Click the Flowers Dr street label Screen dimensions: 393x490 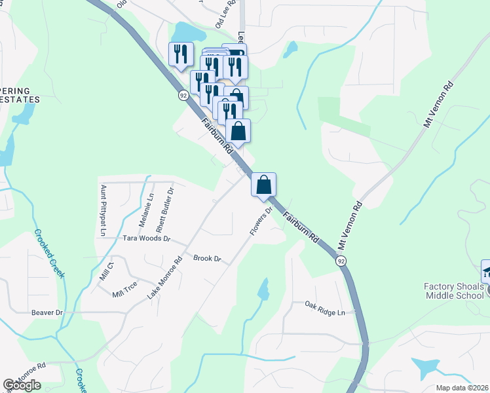pyautogui.click(x=260, y=222)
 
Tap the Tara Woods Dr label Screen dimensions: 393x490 pyautogui.click(x=146, y=239)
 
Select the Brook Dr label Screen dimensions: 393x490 pyautogui.click(x=207, y=258)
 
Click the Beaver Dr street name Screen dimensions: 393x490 pyautogui.click(x=47, y=313)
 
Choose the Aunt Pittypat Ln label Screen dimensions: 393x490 pyautogui.click(x=103, y=210)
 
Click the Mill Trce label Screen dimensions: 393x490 pyautogui.click(x=124, y=294)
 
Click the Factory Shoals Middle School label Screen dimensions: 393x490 pyautogui.click(x=453, y=291)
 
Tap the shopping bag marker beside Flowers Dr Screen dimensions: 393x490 pyautogui.click(x=263, y=184)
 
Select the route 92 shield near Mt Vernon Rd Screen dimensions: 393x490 pyautogui.click(x=341, y=261)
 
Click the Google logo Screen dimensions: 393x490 pyautogui.click(x=22, y=385)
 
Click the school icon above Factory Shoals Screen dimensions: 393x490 pyautogui.click(x=486, y=271)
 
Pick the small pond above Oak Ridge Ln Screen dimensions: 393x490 pyautogui.click(x=263, y=289)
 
